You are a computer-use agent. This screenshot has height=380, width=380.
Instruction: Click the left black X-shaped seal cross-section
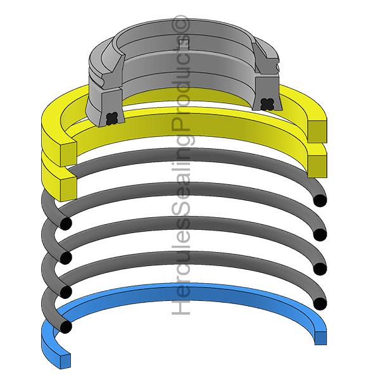[x=112, y=118]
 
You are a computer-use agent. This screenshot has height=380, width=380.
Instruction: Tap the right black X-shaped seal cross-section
[x=267, y=104]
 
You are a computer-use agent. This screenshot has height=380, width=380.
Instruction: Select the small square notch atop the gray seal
[x=184, y=43]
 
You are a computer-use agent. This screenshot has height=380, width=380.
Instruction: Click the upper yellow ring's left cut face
[x=68, y=151]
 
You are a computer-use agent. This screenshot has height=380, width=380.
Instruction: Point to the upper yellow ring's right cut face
[x=317, y=131]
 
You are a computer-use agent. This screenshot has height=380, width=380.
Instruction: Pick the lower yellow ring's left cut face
[x=68, y=189]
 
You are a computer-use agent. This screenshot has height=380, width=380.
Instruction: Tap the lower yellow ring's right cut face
[x=317, y=166]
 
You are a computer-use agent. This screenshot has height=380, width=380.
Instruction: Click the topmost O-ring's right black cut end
[x=320, y=201]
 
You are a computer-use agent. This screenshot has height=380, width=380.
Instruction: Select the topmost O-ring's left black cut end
[x=66, y=224]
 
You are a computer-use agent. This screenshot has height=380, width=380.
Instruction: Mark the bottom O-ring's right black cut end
[x=320, y=303]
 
